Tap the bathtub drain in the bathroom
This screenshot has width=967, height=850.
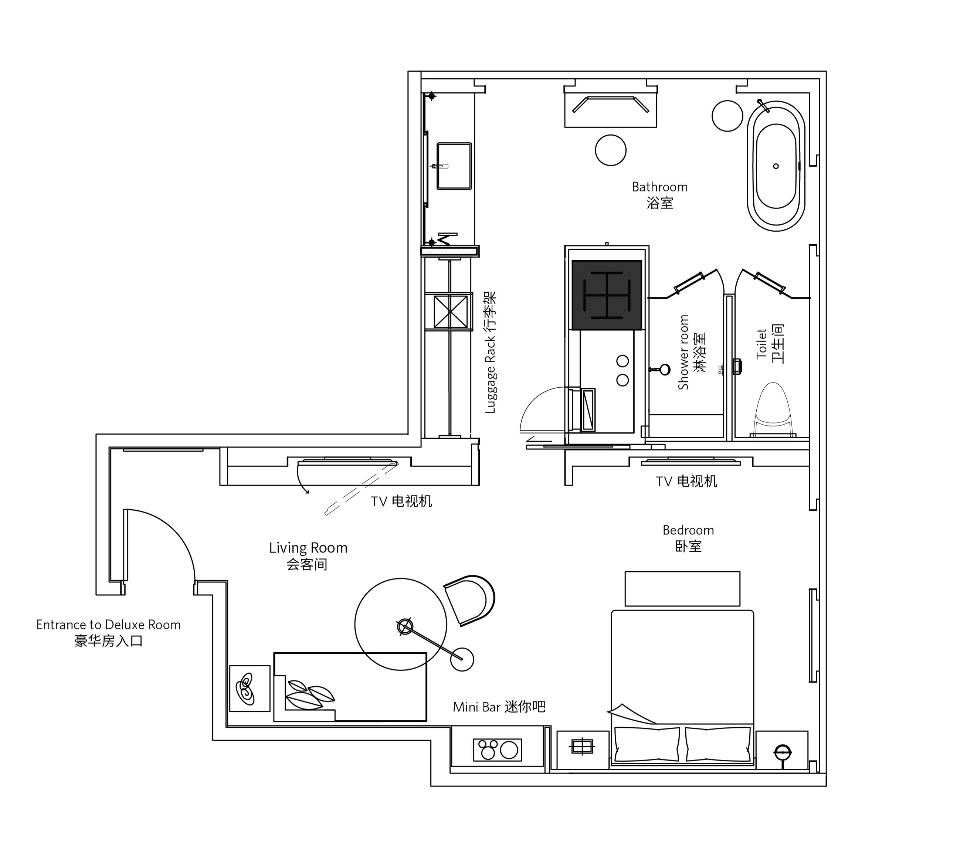point(776,166)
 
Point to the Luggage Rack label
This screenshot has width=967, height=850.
point(491,353)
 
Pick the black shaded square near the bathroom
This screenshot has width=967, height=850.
point(607,295)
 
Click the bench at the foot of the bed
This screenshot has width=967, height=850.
point(682,589)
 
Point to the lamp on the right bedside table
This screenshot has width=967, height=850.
point(783,752)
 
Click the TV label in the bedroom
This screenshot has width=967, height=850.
point(686,482)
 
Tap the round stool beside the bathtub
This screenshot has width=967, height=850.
point(727,116)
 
